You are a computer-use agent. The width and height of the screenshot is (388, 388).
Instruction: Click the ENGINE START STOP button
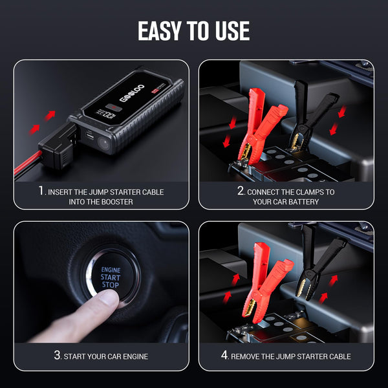point(111,277)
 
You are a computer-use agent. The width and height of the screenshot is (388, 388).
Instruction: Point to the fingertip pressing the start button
point(109,298)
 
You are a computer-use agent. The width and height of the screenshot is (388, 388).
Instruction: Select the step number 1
point(41,191)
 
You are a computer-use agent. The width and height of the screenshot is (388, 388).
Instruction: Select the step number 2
point(241,191)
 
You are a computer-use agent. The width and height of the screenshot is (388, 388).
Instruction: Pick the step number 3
point(58,356)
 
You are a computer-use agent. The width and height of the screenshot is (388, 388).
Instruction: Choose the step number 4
point(224,356)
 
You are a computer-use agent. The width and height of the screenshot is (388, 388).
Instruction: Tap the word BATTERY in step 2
point(307,202)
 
